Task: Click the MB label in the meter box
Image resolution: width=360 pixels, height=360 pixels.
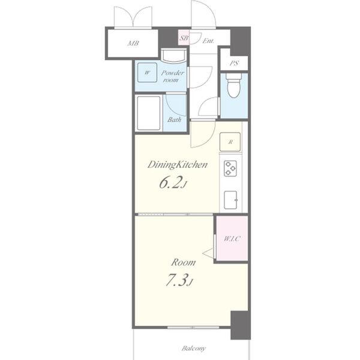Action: coord(133,43)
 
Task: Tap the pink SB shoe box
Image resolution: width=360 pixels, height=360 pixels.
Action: coord(184,37)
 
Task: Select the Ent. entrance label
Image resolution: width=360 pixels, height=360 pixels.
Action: coord(208,41)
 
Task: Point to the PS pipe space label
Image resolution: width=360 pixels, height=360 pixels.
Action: coord(234,63)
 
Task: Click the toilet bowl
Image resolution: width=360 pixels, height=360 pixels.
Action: coord(233,85)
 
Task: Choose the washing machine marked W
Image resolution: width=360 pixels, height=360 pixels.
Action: coord(147,73)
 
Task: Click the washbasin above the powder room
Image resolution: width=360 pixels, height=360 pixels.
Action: coord(173,56)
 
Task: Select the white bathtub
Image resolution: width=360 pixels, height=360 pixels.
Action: coord(149,113)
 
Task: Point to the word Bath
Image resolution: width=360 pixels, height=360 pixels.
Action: coord(174,119)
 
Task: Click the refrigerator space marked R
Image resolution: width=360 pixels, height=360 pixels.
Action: coord(230,142)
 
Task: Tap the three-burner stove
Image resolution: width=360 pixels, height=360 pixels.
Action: coord(230,169)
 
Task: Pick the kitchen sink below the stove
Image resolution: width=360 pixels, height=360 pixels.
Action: coord(230,200)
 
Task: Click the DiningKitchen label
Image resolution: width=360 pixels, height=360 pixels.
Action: coord(178,165)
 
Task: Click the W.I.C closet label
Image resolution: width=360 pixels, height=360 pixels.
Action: coord(232,239)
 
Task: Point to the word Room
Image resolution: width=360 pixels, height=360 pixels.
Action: coord(183,262)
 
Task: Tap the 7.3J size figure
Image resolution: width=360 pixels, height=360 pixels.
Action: coord(179,280)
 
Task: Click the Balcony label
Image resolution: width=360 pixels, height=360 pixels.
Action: coord(194,348)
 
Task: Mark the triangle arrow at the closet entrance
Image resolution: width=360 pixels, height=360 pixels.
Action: coord(208,253)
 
